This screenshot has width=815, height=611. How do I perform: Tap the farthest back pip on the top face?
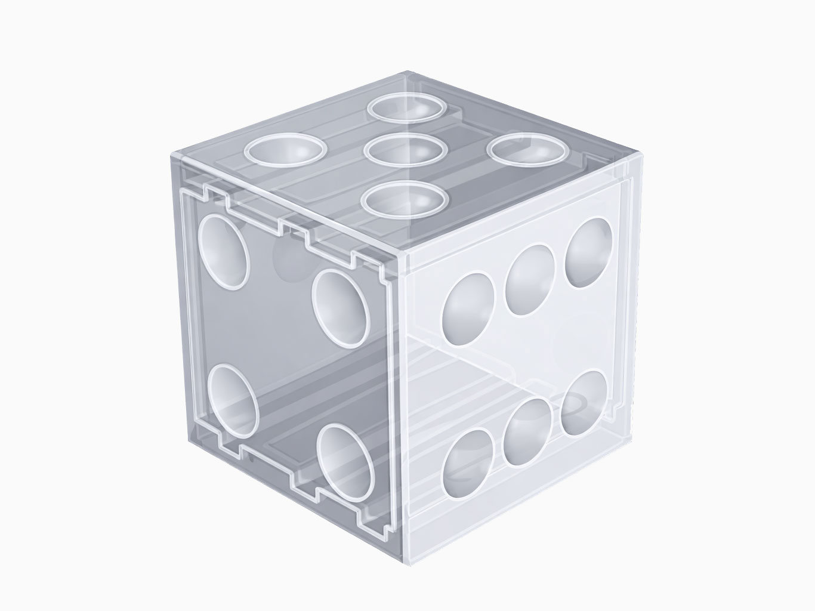(x=408, y=108)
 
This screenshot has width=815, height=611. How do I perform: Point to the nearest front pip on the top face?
(x=408, y=199)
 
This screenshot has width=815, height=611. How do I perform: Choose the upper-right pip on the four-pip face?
(x=341, y=308)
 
